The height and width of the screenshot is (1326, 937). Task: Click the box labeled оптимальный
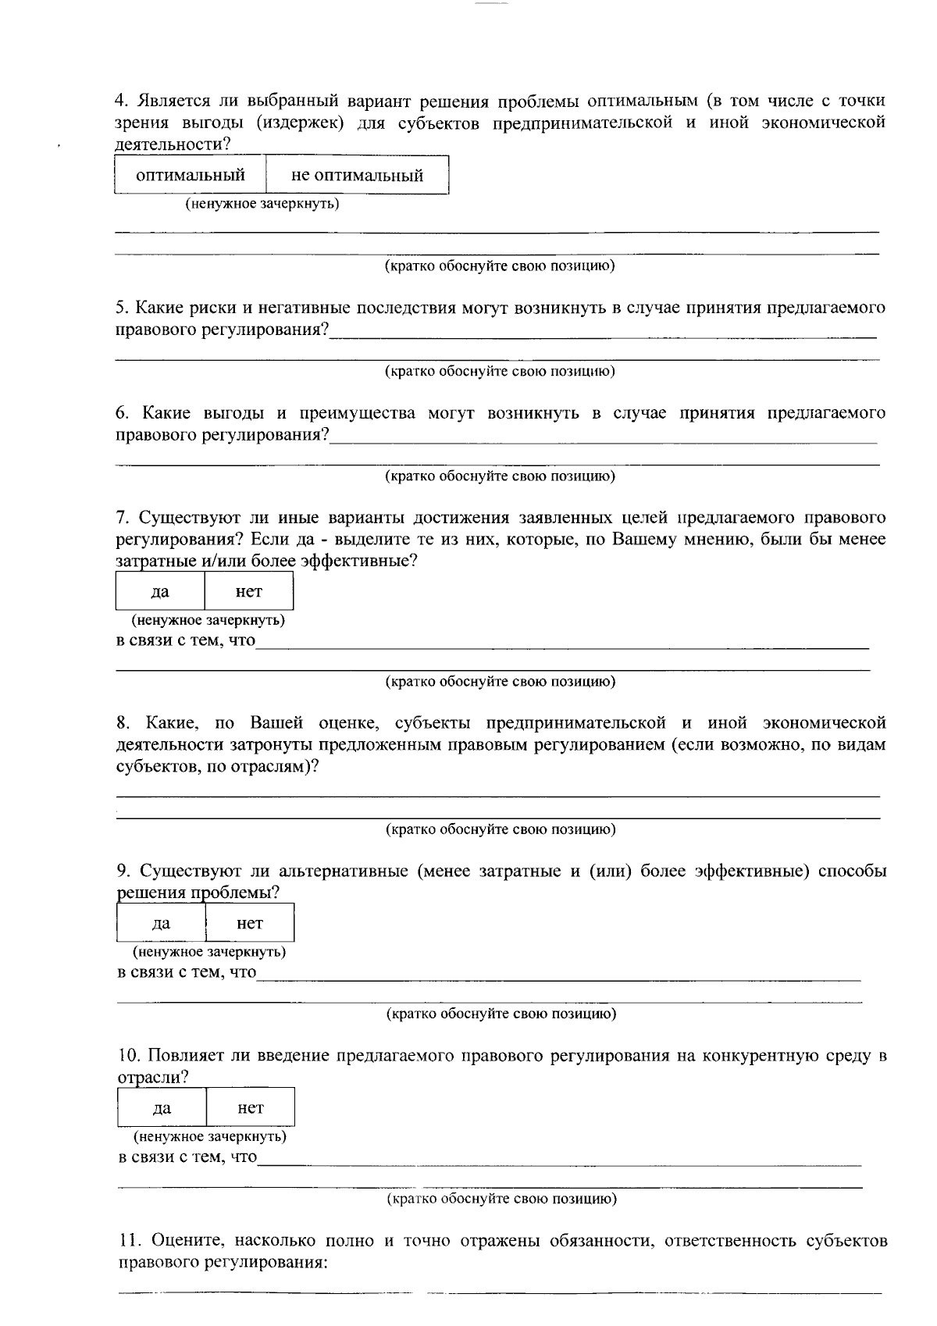191,175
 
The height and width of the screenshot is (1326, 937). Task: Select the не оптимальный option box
357,175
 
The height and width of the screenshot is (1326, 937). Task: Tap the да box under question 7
160,591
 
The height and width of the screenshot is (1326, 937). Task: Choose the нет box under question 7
249,591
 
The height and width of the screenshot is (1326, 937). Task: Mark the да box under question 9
161,923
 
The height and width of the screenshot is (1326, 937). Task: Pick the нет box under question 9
250,923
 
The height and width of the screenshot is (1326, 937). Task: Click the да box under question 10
162,1107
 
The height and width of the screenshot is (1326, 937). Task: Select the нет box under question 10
251,1107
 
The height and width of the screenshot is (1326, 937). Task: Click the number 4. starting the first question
121,101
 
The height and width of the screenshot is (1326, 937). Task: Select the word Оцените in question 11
184,1241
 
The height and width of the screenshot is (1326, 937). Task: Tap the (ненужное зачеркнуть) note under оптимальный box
262,204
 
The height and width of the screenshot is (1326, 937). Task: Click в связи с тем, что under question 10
187,1157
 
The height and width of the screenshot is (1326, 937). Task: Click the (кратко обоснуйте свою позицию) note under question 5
500,371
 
